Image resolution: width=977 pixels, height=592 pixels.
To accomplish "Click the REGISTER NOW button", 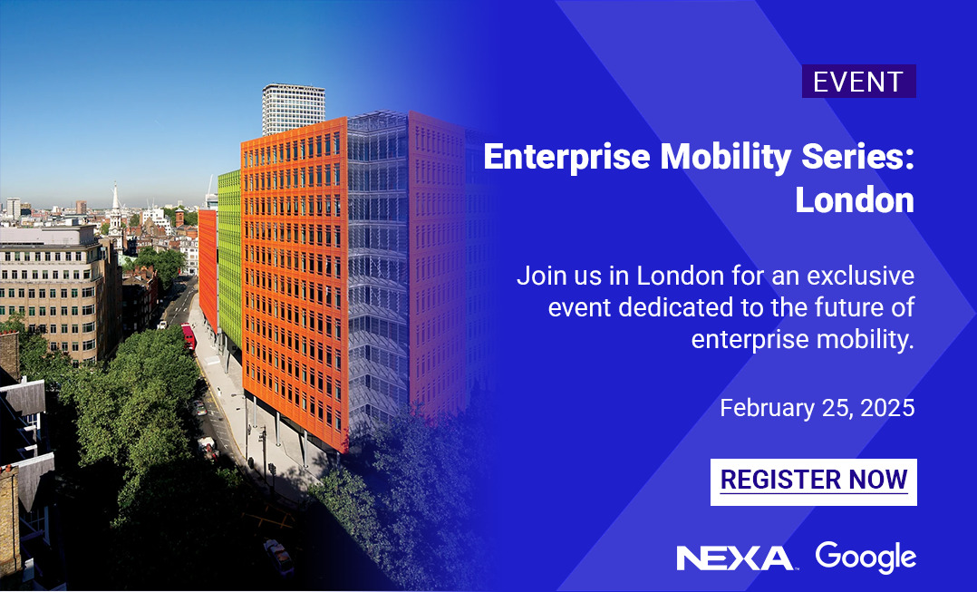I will click(x=813, y=481).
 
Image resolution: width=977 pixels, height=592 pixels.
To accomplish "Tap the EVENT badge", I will click(x=858, y=82).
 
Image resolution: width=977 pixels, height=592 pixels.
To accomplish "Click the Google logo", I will click(x=865, y=557).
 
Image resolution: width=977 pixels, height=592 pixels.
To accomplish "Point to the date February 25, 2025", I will click(x=817, y=409).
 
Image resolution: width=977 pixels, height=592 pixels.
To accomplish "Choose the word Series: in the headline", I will click(x=854, y=157).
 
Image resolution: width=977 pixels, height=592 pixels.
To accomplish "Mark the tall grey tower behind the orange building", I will click(x=293, y=107).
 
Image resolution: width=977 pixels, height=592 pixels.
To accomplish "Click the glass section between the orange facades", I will click(x=376, y=272).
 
